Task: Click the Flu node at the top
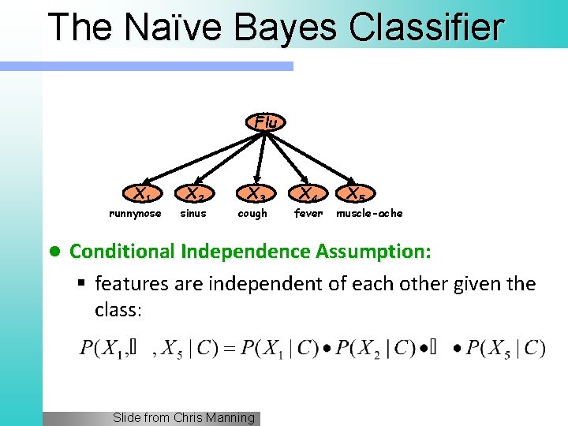(x=267, y=122)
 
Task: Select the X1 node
(x=142, y=194)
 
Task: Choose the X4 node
(x=308, y=194)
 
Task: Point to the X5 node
(x=356, y=194)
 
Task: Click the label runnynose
(x=135, y=214)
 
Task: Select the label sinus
(x=193, y=214)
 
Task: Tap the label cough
(x=252, y=214)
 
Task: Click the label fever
(x=308, y=214)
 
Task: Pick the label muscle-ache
(x=369, y=214)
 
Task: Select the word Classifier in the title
(x=426, y=27)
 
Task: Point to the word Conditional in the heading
(x=123, y=252)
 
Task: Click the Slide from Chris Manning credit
(x=184, y=418)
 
